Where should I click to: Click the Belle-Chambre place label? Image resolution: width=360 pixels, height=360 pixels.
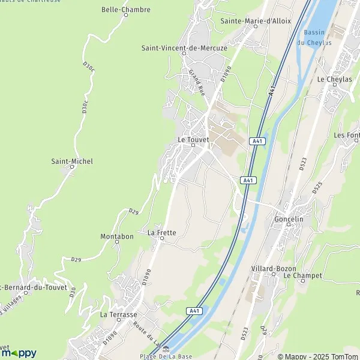(126, 10)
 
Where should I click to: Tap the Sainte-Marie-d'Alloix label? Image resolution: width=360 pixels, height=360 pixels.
(256, 20)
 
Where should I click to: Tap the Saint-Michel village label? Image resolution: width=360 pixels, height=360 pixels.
(71, 161)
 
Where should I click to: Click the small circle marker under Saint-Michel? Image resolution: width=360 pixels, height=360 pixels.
(72, 167)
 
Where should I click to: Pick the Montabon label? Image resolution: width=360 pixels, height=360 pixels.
(117, 236)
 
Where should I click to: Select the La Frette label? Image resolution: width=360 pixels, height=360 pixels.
(161, 232)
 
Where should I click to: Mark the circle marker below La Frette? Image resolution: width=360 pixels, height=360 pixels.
(161, 238)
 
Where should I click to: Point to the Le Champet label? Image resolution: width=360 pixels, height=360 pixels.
(303, 275)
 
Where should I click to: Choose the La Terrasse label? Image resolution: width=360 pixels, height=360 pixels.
(119, 314)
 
